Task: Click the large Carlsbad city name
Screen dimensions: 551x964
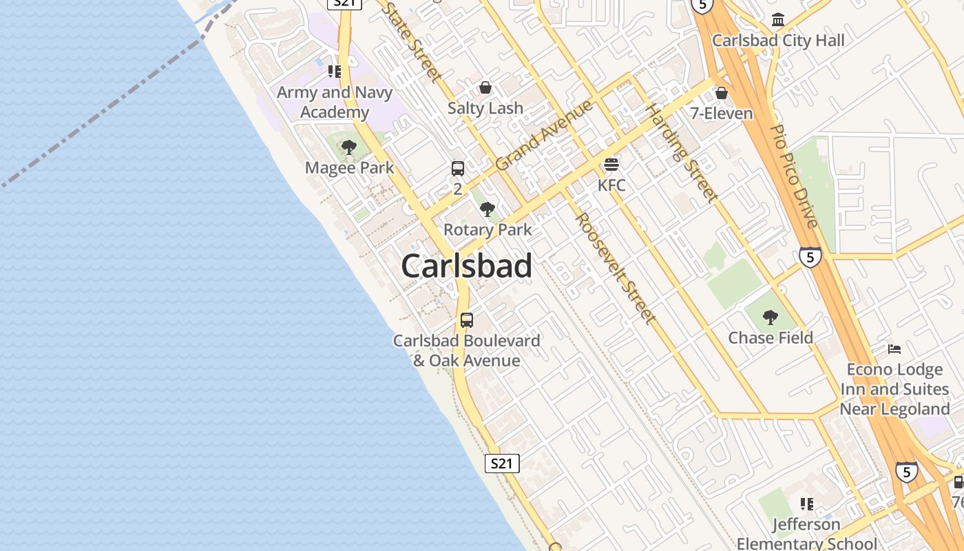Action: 466,266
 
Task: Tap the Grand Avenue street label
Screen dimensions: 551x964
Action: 544,136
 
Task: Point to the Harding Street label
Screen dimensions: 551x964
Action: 681,153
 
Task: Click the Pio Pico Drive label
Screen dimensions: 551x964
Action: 793,176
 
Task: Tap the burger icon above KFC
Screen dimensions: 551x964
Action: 611,165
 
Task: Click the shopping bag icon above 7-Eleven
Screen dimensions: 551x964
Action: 721,92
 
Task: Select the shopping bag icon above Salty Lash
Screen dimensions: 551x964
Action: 485,87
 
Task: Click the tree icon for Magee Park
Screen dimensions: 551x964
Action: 349,147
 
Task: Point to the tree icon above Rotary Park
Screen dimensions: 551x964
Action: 488,209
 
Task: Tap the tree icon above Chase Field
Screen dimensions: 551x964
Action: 771,317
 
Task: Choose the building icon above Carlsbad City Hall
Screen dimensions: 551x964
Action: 778,19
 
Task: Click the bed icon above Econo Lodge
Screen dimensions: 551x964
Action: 894,349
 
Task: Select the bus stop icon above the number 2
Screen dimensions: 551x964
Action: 458,168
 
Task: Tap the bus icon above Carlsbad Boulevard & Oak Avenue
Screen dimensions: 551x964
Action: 467,320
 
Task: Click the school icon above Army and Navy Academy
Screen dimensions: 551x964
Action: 335,72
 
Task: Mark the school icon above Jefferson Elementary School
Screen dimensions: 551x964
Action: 807,504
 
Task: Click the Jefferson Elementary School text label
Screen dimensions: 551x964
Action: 807,534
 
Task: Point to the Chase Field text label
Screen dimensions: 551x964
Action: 771,337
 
